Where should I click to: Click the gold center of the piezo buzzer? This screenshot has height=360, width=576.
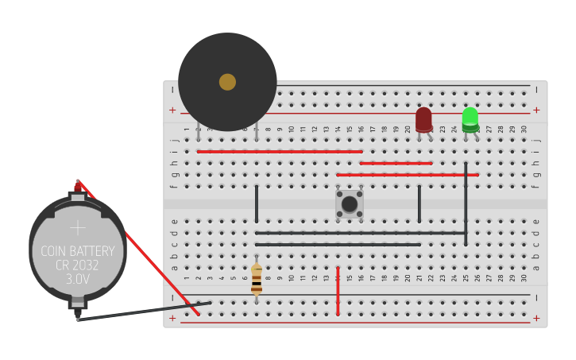click(227, 82)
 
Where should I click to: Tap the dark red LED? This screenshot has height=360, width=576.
click(423, 119)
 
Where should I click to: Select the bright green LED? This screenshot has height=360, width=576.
click(470, 119)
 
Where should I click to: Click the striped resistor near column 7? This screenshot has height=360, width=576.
click(256, 280)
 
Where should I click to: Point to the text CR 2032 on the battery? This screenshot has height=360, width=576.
click(77, 265)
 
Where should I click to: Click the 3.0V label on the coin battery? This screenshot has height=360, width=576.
click(77, 280)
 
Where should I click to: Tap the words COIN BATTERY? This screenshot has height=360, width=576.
click(77, 251)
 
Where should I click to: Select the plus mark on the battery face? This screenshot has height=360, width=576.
click(77, 227)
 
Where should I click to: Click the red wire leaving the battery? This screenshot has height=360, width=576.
click(135, 246)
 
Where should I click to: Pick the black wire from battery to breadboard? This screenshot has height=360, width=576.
click(143, 311)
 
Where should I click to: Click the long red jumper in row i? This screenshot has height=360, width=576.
click(279, 151)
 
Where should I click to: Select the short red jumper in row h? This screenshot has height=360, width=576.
click(396, 163)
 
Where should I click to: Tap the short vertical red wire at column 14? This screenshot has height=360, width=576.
click(338, 291)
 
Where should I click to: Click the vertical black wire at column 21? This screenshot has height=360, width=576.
click(419, 203)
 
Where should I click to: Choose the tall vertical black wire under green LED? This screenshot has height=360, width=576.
click(466, 203)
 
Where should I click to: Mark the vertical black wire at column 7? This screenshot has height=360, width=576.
click(256, 203)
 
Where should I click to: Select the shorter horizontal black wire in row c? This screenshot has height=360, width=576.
click(338, 244)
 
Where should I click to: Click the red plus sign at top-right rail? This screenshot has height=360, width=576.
click(535, 110)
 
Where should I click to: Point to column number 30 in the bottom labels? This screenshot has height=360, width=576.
click(524, 278)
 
